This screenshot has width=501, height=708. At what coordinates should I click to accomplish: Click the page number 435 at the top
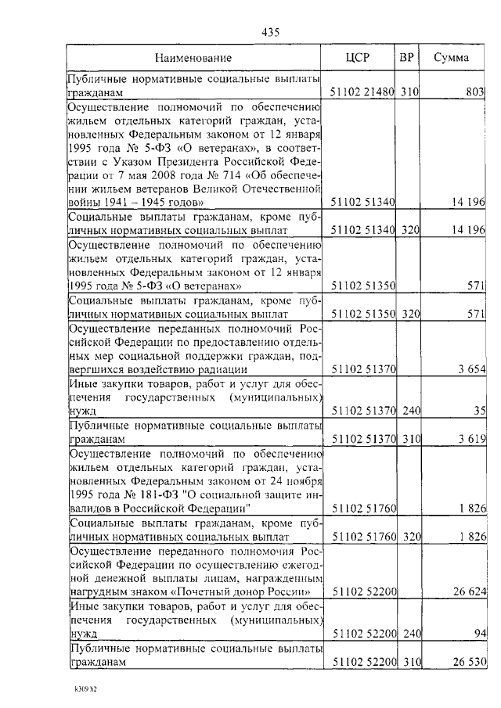pyautogui.click(x=270, y=32)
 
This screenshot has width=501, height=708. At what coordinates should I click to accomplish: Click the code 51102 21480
pyautogui.click(x=362, y=92)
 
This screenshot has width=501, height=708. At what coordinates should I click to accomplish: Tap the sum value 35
pyautogui.click(x=480, y=410)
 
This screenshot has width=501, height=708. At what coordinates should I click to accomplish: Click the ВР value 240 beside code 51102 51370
pyautogui.click(x=410, y=410)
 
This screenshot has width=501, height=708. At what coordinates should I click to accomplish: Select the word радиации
pyautogui.click(x=224, y=368)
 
